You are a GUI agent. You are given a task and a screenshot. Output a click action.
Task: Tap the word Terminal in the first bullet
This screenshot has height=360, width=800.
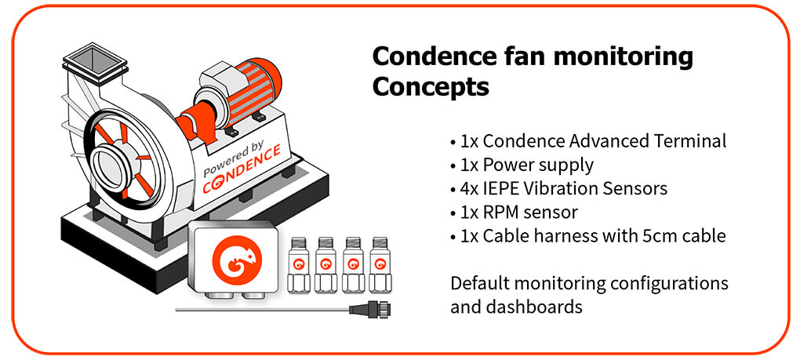coord(693,141)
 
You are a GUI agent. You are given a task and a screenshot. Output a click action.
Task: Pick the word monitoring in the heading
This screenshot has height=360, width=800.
coord(623,56)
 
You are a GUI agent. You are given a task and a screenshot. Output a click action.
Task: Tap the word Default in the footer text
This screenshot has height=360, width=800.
coord(479,282)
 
